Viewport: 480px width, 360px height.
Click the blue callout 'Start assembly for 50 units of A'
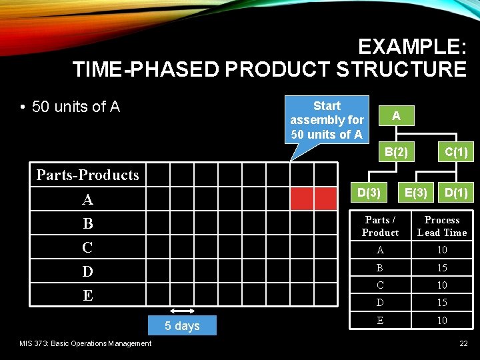pyautogui.click(x=327, y=120)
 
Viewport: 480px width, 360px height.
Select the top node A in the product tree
pyautogui.click(x=396, y=116)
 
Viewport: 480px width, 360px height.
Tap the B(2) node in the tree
pyautogui.click(x=396, y=153)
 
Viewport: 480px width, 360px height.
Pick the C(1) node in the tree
pyautogui.click(x=455, y=153)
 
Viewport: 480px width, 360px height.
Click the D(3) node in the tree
pyautogui.click(x=369, y=193)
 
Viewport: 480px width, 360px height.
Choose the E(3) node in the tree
pyautogui.click(x=416, y=193)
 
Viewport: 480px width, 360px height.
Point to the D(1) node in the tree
pyautogui.click(x=455, y=193)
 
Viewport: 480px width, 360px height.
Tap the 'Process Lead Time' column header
pyautogui.click(x=442, y=226)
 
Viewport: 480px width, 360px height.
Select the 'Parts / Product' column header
pyautogui.click(x=380, y=226)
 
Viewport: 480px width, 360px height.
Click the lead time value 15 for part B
pyautogui.click(x=442, y=267)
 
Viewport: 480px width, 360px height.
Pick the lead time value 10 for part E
pyautogui.click(x=442, y=321)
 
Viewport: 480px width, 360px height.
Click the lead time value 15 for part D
pyautogui.click(x=442, y=303)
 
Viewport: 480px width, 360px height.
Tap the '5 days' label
pyautogui.click(x=183, y=326)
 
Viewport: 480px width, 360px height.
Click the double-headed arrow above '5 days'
pyautogui.click(x=182, y=311)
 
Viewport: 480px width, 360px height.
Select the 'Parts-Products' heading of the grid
pyautogui.click(x=87, y=175)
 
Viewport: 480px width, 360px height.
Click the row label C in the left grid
pyautogui.click(x=87, y=247)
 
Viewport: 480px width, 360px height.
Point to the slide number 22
pyautogui.click(x=463, y=343)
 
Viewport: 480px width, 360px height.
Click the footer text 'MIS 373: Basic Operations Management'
pyautogui.click(x=85, y=343)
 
